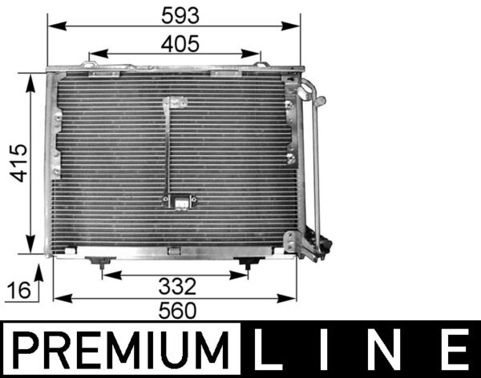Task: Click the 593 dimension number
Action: [175, 14]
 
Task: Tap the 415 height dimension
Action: [19, 163]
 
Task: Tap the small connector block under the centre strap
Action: [182, 203]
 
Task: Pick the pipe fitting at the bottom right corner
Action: [317, 244]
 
